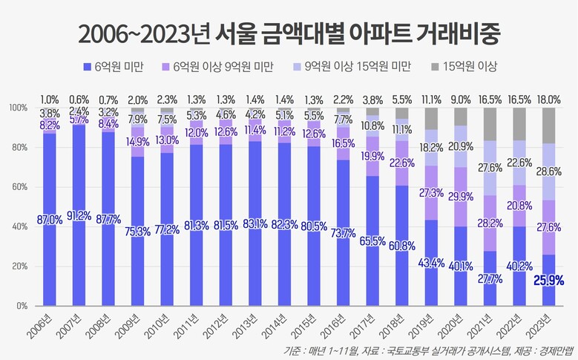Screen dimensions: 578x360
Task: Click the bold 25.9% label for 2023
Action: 549,281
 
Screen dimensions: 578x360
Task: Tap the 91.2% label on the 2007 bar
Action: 79,215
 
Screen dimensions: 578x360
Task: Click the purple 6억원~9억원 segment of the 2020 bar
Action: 461,197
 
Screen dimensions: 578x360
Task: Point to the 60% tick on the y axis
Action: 19,187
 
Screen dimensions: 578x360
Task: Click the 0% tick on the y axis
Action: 22,306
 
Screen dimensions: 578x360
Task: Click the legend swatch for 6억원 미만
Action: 87,67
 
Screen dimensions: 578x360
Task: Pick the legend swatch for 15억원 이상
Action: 436,67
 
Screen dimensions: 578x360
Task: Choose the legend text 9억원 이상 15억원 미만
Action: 357,66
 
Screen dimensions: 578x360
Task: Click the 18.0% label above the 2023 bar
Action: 549,99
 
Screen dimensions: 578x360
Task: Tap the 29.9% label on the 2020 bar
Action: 461,197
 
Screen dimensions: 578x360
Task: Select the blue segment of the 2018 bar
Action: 402,246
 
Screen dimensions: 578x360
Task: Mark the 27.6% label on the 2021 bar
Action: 490,168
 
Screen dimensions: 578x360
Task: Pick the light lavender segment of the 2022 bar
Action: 519,163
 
